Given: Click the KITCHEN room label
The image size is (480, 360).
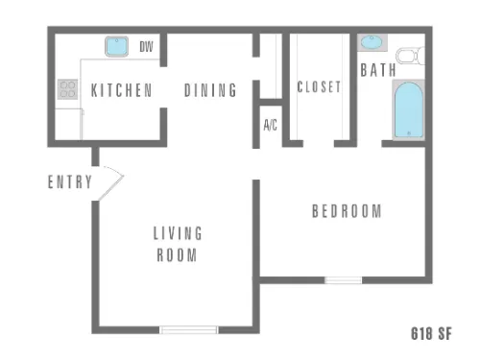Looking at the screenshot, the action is [122, 90].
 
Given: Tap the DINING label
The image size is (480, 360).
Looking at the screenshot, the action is [210, 90].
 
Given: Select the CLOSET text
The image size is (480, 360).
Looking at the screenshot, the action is [319, 86].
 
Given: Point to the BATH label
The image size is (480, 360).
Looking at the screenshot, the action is [378, 70].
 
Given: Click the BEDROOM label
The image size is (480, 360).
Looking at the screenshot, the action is [347, 211].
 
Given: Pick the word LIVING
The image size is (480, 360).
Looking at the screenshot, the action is [178, 233].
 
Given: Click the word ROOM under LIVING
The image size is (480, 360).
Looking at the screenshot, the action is [177, 255].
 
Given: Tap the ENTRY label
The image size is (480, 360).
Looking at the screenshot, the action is [70, 181].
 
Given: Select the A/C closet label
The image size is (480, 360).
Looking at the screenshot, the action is [271, 125].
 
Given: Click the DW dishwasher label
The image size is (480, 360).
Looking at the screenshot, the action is [146, 47].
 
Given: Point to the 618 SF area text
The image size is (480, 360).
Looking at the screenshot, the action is [431, 333].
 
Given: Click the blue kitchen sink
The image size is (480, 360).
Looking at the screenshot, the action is [117, 46].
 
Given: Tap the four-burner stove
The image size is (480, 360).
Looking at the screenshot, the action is [68, 89].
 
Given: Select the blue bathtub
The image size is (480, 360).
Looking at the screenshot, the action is [409, 110].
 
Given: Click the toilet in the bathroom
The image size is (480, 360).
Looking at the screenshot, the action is [411, 56].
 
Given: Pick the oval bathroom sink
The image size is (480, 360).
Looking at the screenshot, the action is [372, 42].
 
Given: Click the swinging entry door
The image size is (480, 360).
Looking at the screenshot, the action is [110, 183].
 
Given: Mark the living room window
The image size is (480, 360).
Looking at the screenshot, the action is [189, 330].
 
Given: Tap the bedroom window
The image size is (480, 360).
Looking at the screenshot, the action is [344, 280].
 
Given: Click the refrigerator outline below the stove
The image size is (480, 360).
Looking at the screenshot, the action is [69, 124].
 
